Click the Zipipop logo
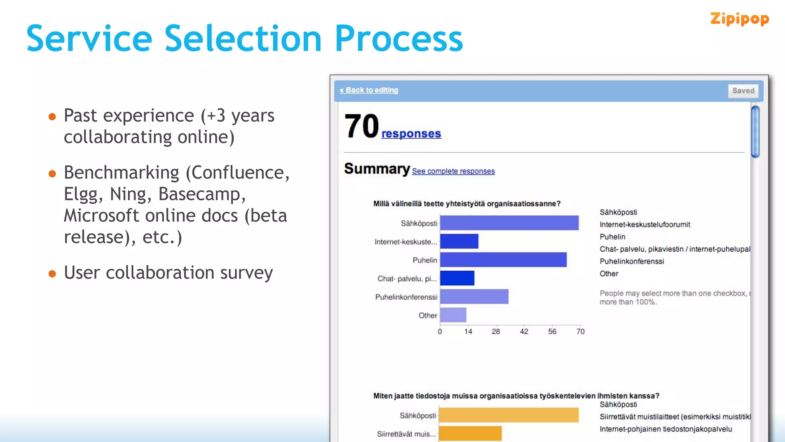pos(739,19)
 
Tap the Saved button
pos(743,91)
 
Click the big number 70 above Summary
pos(361,126)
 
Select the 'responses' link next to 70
pos(411,134)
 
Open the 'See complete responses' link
pos(453,171)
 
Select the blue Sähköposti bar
pos(509,223)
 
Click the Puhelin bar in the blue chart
pos(503,260)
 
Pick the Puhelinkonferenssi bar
pos(474,297)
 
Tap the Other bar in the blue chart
pos(453,315)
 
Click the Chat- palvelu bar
pos(457,278)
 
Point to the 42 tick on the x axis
pos(524,331)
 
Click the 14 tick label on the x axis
pos(468,331)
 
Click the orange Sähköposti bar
pos(508,415)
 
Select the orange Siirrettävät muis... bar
pos(470,434)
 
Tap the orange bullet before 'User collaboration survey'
pos(53,274)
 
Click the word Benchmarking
pos(122,173)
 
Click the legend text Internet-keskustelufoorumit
pos(645,224)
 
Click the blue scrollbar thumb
pos(755,132)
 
